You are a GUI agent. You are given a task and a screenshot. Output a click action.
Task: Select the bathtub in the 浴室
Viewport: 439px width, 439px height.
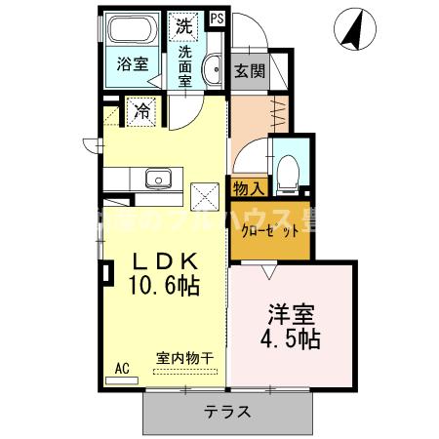[x=132, y=29]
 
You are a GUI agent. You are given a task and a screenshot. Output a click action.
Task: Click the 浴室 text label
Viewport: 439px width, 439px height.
[x=132, y=65]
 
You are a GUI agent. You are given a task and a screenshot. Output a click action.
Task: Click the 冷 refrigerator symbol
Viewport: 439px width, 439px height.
[x=141, y=111]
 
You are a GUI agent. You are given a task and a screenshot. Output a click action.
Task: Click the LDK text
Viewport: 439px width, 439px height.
[x=165, y=261]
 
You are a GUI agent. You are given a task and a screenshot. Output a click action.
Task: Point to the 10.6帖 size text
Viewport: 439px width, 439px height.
[x=165, y=288]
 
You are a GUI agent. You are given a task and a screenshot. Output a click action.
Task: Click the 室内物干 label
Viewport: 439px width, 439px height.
[x=186, y=358]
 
